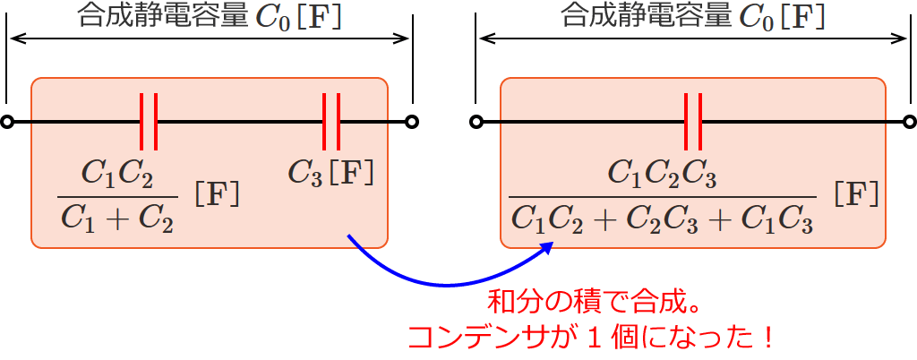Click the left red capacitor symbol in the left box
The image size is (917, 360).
tap(149, 121)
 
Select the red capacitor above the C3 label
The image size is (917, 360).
tap(331, 121)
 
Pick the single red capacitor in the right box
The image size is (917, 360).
tap(692, 121)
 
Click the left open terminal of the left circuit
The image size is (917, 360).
tap(7, 122)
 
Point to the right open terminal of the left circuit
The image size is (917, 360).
tap(411, 122)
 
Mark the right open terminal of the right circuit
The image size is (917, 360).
tap(910, 122)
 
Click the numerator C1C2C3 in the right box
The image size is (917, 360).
tap(663, 174)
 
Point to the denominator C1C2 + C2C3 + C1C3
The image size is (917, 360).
tap(663, 218)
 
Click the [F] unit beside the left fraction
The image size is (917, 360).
tap(217, 194)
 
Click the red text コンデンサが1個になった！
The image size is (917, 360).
tap(591, 337)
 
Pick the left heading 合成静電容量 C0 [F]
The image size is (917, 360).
tap(210, 17)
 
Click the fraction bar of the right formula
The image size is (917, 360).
tap(663, 196)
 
